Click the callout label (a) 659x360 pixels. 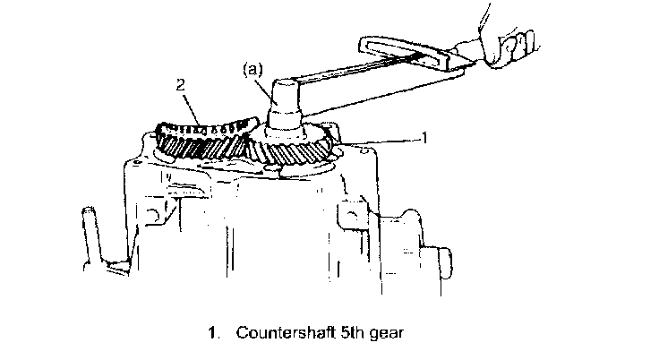253,69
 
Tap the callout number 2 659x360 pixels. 180,85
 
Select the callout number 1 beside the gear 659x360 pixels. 425,138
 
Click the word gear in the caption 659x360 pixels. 387,333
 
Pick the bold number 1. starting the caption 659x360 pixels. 215,332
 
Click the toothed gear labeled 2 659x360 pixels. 201,139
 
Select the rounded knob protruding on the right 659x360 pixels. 444,263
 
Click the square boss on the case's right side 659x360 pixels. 352,215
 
